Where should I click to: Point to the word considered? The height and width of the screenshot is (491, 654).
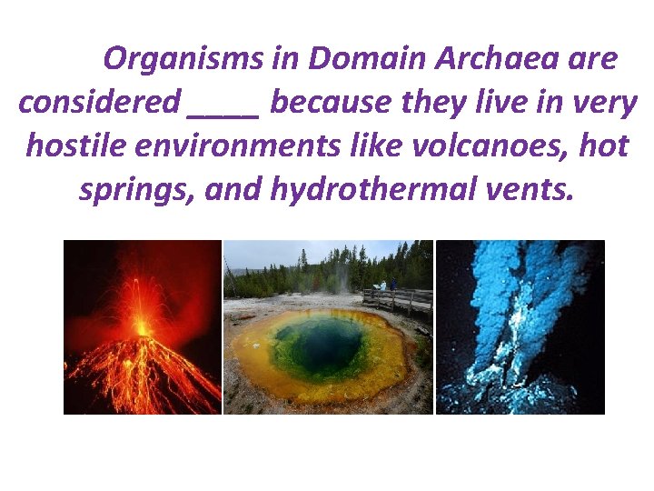click(99, 103)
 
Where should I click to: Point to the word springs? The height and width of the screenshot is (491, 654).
click(136, 189)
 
